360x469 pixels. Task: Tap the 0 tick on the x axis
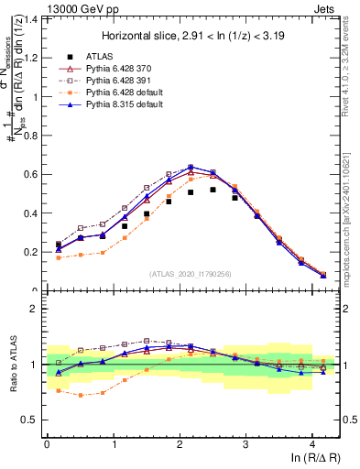click(47, 444)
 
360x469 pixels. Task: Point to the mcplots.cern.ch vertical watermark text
click(349, 211)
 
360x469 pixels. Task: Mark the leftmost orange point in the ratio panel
click(59, 390)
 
